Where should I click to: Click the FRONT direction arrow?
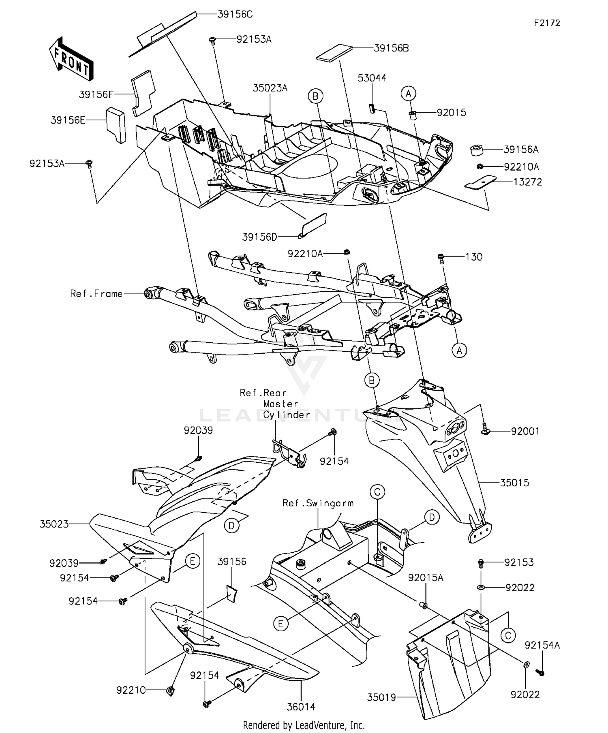(71, 59)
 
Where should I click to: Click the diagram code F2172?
(547, 23)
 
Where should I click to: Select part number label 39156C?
(235, 15)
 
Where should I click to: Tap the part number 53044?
(372, 78)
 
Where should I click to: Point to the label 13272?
(527, 182)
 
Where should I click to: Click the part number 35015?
(514, 483)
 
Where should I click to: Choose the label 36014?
(301, 707)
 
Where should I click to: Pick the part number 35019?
(381, 697)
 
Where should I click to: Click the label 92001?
(525, 431)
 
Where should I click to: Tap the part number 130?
(473, 257)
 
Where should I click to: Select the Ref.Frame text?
(96, 293)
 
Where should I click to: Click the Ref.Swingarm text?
(318, 503)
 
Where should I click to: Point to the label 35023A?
(270, 88)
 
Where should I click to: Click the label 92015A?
(426, 578)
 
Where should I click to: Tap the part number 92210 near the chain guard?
(131, 690)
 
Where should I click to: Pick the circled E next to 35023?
(193, 561)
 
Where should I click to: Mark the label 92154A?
(542, 645)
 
